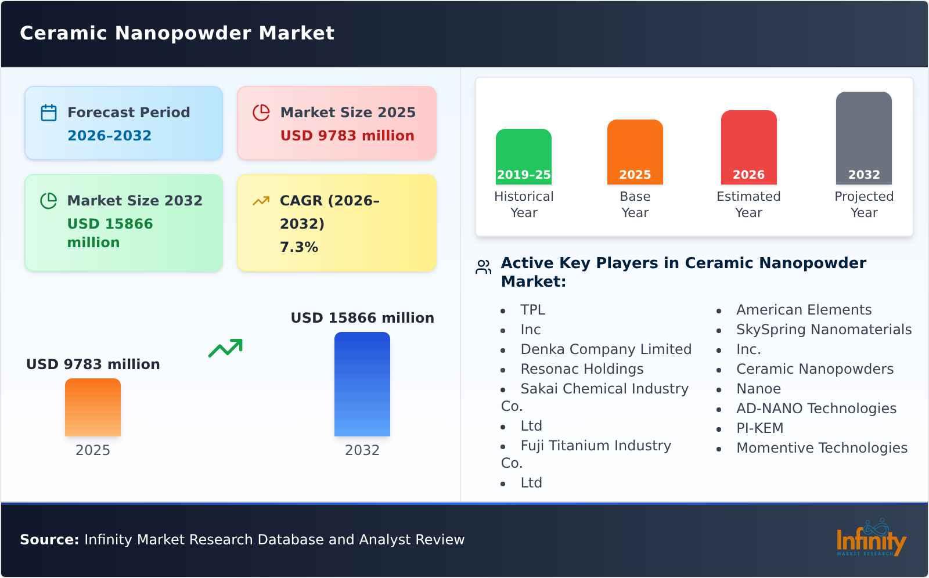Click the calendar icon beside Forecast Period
click(x=49, y=113)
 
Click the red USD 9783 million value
click(x=347, y=136)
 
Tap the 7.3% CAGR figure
click(x=298, y=247)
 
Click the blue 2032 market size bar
click(x=362, y=384)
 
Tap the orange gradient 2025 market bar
click(x=93, y=407)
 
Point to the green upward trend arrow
click(x=225, y=348)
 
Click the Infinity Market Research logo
click(x=870, y=539)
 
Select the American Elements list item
click(x=804, y=310)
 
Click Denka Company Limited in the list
click(x=606, y=349)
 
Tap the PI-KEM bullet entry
click(x=759, y=428)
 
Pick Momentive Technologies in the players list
click(x=822, y=448)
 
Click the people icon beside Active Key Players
click(x=483, y=267)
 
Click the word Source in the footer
click(x=49, y=540)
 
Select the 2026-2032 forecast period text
click(x=109, y=136)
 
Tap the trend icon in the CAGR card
click(x=261, y=201)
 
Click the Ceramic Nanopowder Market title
click(x=177, y=33)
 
